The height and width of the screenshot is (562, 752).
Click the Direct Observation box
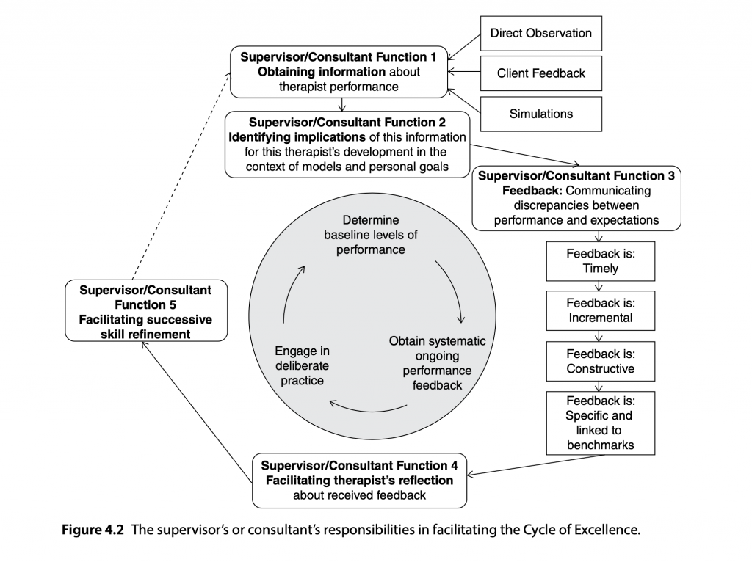point(540,34)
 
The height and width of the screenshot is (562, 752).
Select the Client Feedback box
point(540,73)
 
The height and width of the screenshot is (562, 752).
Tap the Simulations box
point(540,114)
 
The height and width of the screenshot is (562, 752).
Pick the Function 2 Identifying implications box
point(347,143)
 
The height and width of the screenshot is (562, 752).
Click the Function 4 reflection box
point(359,480)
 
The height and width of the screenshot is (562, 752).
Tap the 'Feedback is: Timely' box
point(601,261)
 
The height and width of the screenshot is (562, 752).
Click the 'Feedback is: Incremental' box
point(601,310)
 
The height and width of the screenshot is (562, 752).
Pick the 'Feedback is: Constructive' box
point(601,360)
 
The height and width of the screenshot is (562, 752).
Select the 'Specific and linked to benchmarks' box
point(601,422)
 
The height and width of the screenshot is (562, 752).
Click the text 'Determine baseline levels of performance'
point(371,235)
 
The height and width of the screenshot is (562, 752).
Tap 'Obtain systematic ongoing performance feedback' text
point(437,362)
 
